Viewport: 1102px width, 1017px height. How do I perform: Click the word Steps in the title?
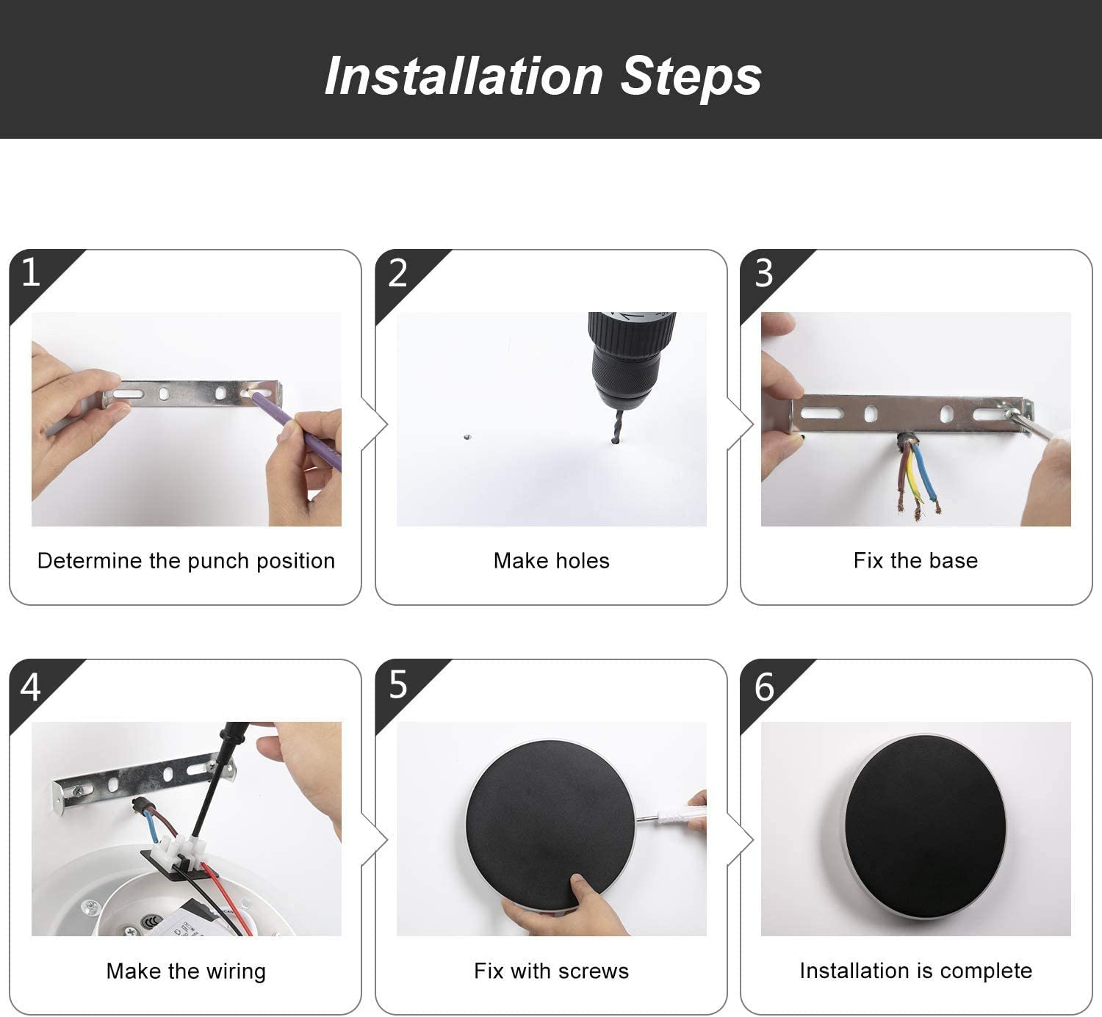click(691, 77)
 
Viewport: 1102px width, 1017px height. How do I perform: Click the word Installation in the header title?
click(464, 76)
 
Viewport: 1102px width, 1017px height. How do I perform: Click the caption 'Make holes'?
click(552, 561)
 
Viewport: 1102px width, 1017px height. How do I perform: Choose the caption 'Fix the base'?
click(915, 561)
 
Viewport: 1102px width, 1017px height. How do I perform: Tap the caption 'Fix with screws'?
click(552, 971)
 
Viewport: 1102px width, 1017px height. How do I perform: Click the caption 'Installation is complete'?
click(915, 971)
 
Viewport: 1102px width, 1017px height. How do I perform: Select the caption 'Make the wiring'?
click(186, 972)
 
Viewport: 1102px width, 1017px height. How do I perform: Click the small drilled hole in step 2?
click(467, 437)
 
